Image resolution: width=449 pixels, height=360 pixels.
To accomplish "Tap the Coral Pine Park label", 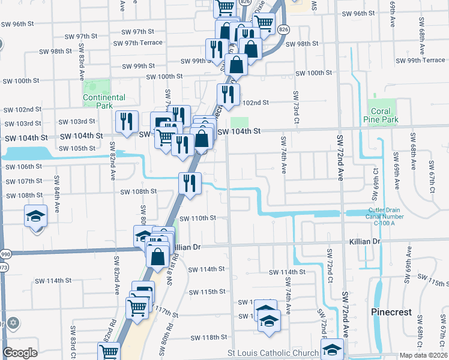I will click(x=381, y=115).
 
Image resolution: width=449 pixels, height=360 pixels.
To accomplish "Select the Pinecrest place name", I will click(x=391, y=313).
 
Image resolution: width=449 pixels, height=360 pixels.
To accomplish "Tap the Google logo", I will click(x=20, y=353).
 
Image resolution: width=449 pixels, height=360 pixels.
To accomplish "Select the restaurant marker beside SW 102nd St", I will click(x=228, y=94).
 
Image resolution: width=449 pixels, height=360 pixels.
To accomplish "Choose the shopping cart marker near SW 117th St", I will click(x=137, y=308).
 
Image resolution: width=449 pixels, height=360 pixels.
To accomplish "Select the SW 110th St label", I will click(x=197, y=218).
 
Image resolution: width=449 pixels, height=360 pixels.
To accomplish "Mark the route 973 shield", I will click(x=2, y=267).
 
